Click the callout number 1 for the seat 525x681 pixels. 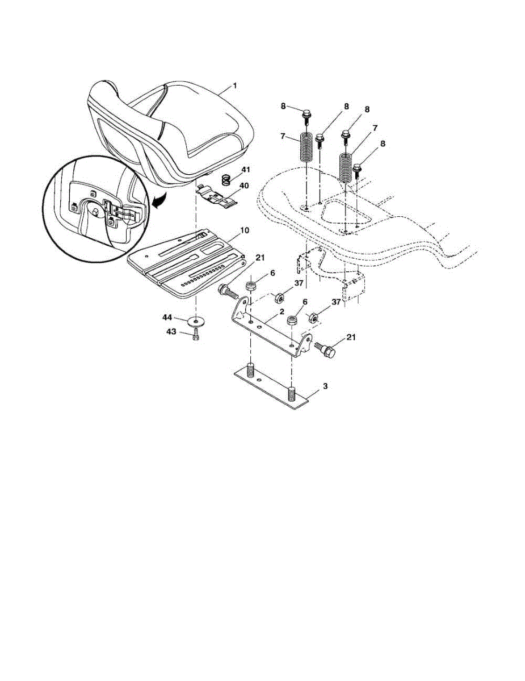(235, 86)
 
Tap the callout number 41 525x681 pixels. (246, 170)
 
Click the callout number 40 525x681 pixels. (243, 186)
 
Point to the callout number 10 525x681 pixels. (245, 230)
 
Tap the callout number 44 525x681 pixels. (167, 318)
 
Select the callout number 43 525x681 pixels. (171, 331)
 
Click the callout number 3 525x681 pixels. (325, 386)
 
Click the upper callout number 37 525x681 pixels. (299, 283)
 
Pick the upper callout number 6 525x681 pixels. (272, 274)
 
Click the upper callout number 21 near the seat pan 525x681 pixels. (260, 258)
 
